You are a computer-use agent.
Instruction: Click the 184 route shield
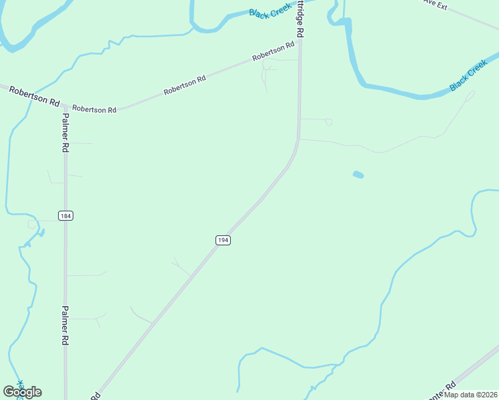[65, 215]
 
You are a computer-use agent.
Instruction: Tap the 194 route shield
[223, 240]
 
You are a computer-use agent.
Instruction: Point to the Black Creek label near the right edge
[468, 76]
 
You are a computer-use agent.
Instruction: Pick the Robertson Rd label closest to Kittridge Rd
[274, 53]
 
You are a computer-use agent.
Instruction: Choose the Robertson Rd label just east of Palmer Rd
[94, 109]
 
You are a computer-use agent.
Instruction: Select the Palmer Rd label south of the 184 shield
[65, 325]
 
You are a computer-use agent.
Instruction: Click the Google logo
[22, 392]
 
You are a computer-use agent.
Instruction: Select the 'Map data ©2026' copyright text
[470, 395]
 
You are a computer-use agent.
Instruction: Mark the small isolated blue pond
[358, 175]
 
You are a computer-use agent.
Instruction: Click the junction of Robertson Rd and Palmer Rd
[65, 105]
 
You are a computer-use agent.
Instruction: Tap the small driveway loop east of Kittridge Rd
[328, 122]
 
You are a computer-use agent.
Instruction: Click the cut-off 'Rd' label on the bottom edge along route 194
[95, 395]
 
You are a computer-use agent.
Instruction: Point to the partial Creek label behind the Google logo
[19, 385]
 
